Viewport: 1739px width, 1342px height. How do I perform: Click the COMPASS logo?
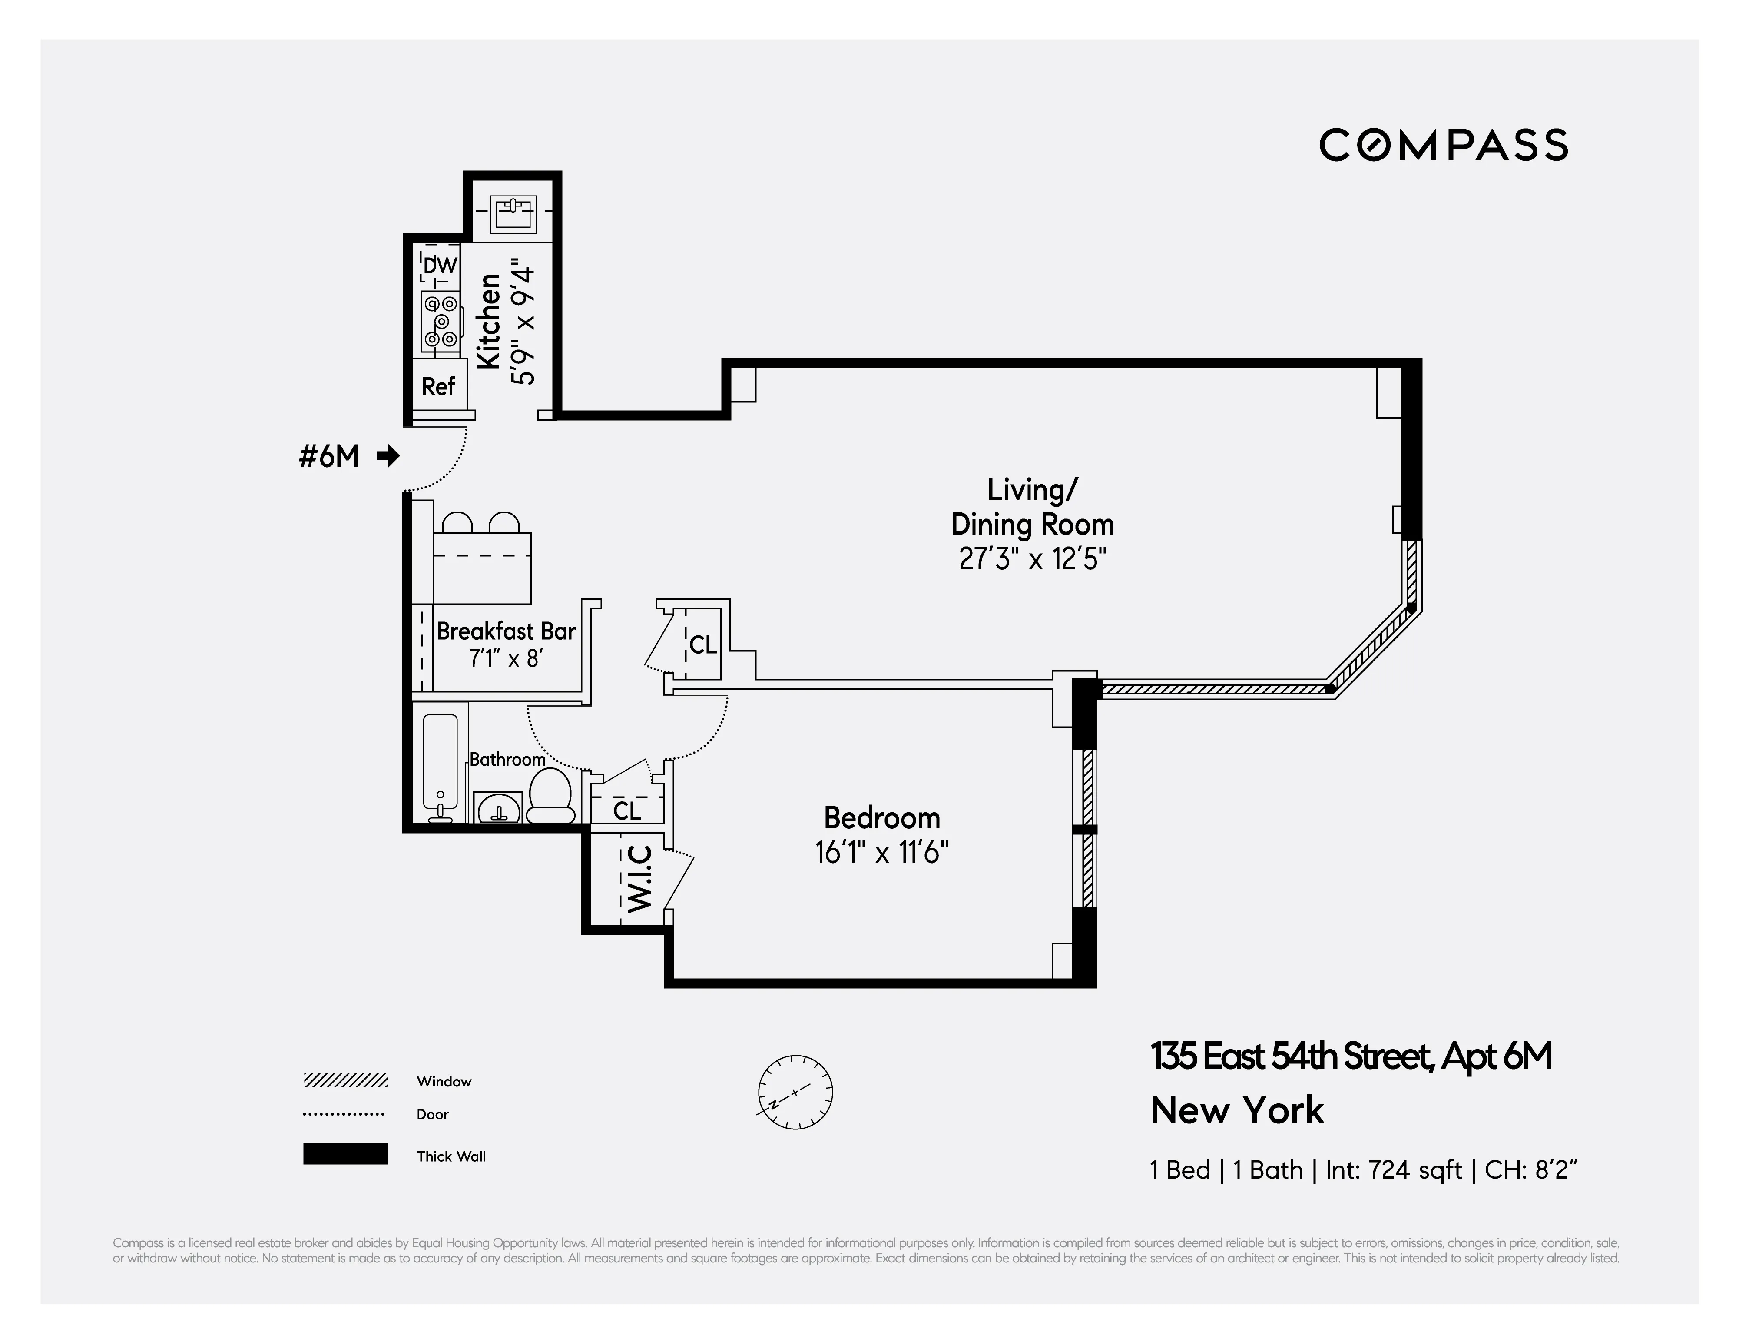pos(1443,146)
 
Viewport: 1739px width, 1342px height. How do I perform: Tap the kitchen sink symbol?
pos(512,213)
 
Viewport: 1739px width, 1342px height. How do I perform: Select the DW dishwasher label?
pos(440,265)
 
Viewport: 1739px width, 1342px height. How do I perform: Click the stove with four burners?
pos(441,322)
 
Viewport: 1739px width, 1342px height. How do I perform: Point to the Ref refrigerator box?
pos(438,386)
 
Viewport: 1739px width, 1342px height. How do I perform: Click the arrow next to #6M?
pos(388,456)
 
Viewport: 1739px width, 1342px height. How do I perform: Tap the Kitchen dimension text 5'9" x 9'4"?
pos(523,321)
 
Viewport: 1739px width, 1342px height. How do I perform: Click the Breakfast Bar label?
pos(506,631)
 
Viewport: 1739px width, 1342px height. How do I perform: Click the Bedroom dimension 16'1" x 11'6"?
pos(881,853)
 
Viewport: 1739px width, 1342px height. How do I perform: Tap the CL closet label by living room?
pos(702,644)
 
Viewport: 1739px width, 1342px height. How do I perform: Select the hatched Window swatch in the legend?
pos(345,1081)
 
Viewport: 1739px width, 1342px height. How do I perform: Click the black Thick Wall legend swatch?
pos(345,1154)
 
